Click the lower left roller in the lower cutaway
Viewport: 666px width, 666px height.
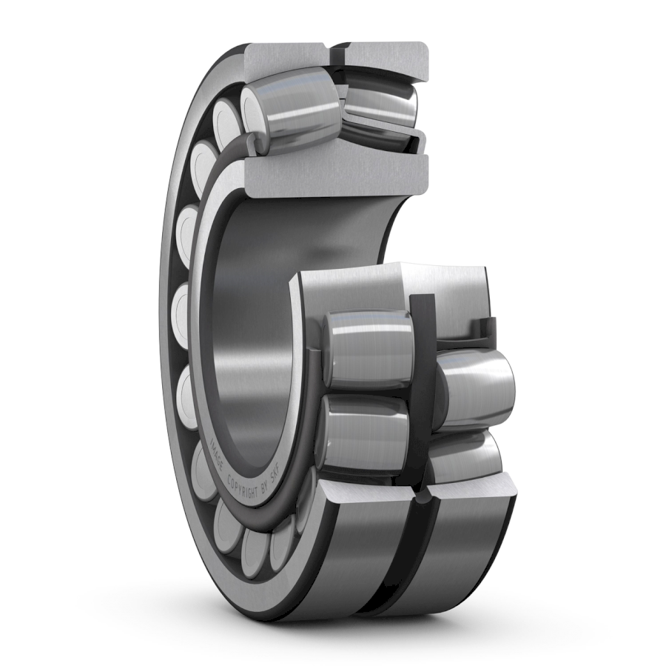[x=364, y=433]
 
